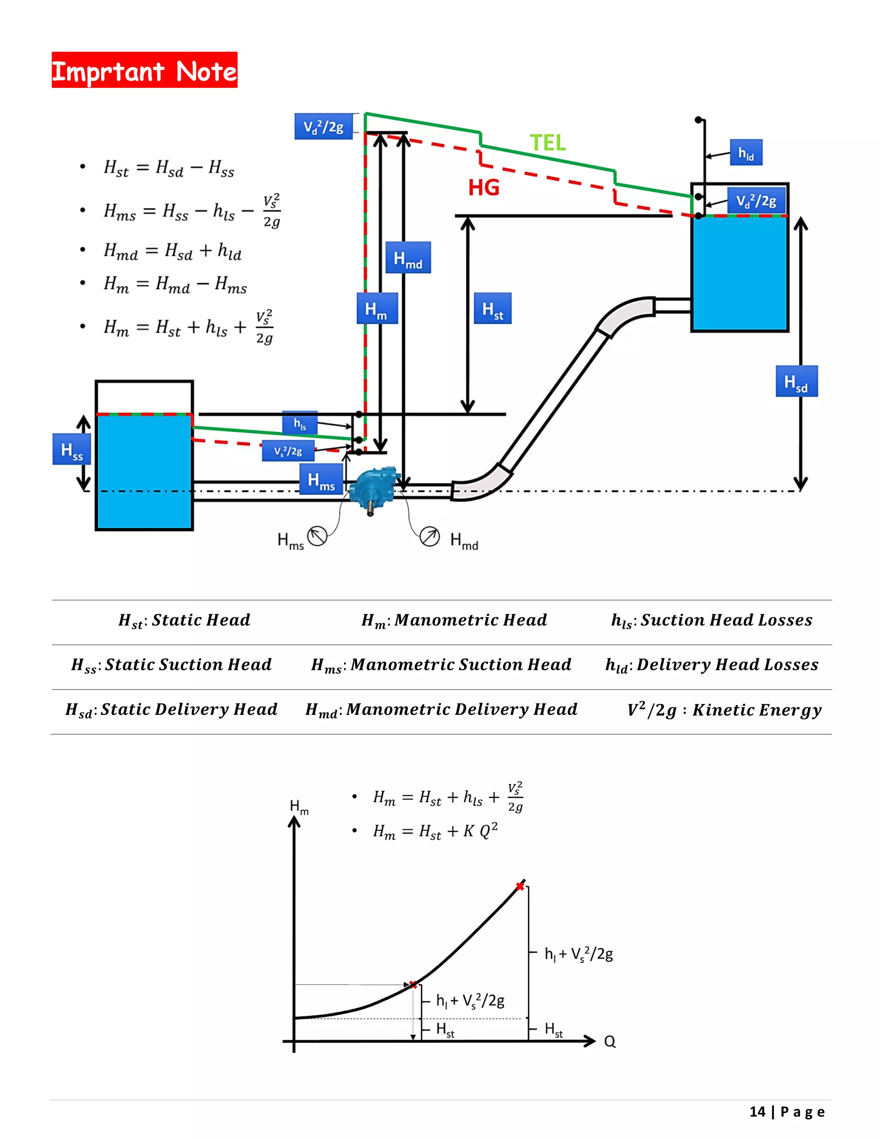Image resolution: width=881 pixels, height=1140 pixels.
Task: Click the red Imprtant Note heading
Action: [145, 70]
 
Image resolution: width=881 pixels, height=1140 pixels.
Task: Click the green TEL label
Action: [548, 142]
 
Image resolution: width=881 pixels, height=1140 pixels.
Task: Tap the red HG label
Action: [483, 188]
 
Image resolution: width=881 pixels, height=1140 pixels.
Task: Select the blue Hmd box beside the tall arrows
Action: [408, 258]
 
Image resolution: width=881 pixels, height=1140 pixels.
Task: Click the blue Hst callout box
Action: [492, 308]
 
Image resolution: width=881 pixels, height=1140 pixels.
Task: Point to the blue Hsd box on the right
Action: [796, 382]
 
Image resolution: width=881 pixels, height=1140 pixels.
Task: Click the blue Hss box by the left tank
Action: [72, 450]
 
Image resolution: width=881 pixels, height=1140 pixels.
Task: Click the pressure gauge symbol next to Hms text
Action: [317, 536]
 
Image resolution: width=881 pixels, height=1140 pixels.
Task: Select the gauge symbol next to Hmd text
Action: [430, 536]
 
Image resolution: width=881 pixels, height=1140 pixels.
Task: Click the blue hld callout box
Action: [746, 152]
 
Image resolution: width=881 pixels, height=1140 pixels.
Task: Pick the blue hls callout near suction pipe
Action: [299, 423]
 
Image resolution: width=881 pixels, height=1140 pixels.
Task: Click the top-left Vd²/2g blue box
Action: [323, 127]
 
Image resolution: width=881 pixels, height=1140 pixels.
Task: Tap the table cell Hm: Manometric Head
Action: [454, 620]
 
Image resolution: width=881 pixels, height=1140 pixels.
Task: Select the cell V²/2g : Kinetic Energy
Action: [724, 710]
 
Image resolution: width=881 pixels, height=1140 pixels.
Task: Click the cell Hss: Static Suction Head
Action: [171, 665]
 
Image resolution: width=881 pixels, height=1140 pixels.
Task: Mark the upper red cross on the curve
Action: [520, 886]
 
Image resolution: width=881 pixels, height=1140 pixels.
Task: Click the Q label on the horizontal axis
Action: [610, 1042]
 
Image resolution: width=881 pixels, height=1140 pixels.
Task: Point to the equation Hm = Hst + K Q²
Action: [435, 830]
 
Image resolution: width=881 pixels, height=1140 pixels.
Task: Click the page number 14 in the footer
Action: [757, 1112]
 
